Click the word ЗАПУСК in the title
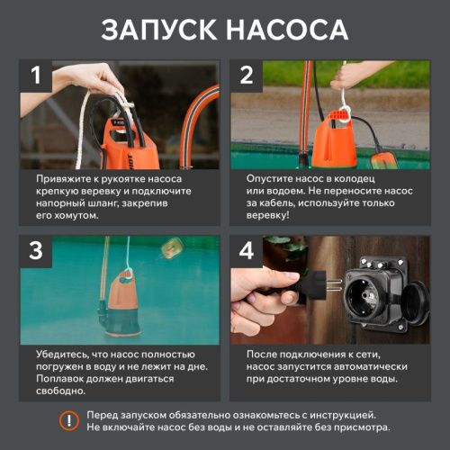click(x=160, y=29)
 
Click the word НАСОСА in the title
click(x=287, y=29)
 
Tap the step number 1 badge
click(x=37, y=76)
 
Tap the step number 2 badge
click(x=247, y=76)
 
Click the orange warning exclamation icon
click(x=67, y=420)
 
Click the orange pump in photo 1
click(x=126, y=144)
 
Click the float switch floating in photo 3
click(x=169, y=251)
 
